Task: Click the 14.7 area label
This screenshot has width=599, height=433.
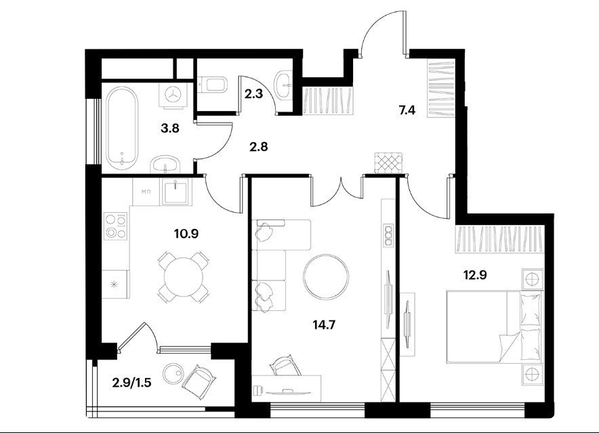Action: point(324,325)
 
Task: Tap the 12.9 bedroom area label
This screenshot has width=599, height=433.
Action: point(475,275)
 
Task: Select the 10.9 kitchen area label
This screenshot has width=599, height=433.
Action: point(186,233)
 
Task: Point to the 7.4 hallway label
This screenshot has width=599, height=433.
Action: point(407,110)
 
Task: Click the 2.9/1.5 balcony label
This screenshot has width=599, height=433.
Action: point(132,382)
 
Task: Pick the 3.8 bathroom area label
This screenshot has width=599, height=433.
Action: point(169,129)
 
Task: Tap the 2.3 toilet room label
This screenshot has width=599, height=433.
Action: point(253,94)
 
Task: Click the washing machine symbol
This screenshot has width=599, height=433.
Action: point(174,94)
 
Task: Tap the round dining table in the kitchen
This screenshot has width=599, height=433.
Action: point(184,277)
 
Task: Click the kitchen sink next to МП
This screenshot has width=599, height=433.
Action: point(175,190)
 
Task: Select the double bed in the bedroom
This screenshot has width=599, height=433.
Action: point(495,327)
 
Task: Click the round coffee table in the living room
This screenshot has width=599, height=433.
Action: point(326,277)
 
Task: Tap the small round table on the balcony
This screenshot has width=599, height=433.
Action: point(174,373)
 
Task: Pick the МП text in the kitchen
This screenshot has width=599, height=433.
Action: point(146,192)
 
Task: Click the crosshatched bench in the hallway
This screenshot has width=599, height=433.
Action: point(389,163)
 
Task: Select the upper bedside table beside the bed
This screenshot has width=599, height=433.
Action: point(532,279)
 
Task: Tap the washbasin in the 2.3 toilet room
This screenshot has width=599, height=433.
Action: point(284,84)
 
